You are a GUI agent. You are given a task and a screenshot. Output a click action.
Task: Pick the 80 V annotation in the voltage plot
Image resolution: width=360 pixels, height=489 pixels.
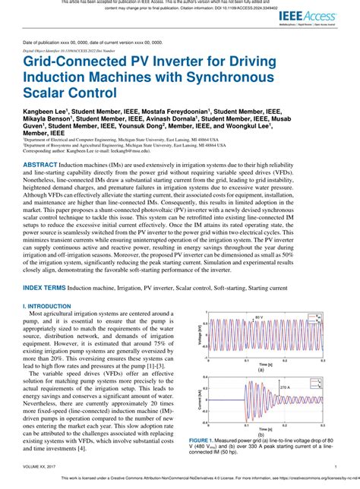(260, 317)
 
